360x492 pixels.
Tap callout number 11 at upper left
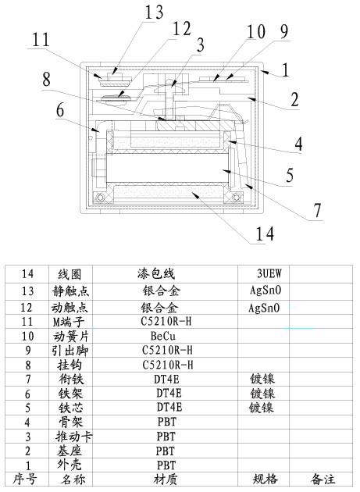(x=41, y=39)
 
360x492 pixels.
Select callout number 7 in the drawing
(x=318, y=209)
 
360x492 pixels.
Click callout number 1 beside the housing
(x=285, y=70)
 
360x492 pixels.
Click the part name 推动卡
(x=74, y=436)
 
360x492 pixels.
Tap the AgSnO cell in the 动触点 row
(x=265, y=308)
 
